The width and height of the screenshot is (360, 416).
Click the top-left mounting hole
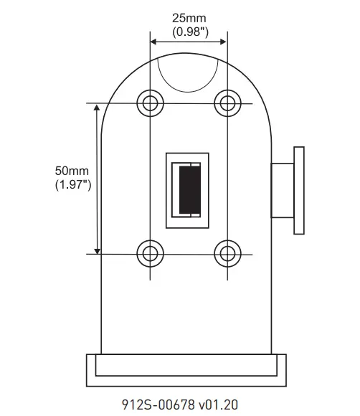pyautogui.click(x=149, y=103)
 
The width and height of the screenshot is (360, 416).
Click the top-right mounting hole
pyautogui.click(x=227, y=103)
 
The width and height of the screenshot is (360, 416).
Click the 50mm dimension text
pyautogui.click(x=72, y=171)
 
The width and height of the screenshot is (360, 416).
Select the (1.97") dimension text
pyautogui.click(x=72, y=185)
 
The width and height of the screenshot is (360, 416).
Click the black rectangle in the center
pyautogui.click(x=189, y=189)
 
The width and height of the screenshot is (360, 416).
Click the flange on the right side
pyautogui.click(x=299, y=190)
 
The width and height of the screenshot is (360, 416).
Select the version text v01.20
pyautogui.click(x=219, y=404)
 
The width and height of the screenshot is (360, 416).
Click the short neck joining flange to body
pyautogui.click(x=281, y=190)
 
